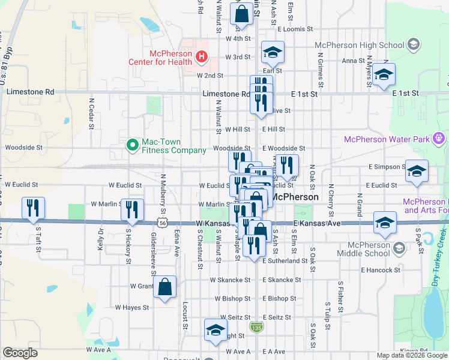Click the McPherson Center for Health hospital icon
(202, 58)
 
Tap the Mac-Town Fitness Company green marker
(131, 145)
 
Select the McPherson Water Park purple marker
(439, 139)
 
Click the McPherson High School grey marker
(413, 44)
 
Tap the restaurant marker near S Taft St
(32, 208)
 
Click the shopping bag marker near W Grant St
(164, 287)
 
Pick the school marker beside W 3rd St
(273, 52)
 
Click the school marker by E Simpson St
(417, 172)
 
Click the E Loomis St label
(295, 29)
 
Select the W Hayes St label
(131, 307)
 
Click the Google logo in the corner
(20, 353)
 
